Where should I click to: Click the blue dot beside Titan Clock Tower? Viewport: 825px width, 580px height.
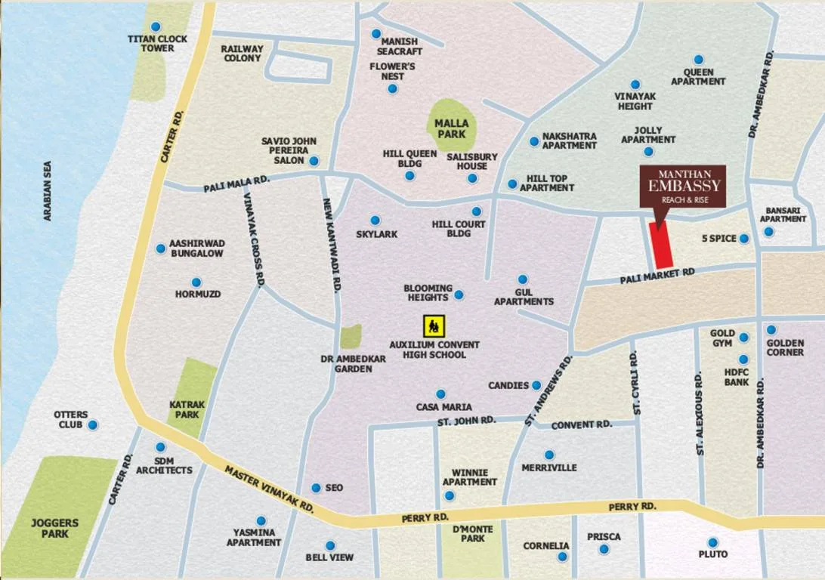pos(156,26)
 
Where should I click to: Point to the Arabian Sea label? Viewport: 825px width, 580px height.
pos(48,190)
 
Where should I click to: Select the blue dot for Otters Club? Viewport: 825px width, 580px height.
pos(93,425)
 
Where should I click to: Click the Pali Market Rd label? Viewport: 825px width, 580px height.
pos(657,276)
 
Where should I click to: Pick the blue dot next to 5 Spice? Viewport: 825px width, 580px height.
pos(744,239)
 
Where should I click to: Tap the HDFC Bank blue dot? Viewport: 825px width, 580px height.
pos(743,359)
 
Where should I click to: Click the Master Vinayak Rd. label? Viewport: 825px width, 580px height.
pos(267,489)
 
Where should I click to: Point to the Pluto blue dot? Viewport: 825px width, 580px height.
pos(712,542)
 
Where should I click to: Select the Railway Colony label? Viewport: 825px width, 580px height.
pos(242,53)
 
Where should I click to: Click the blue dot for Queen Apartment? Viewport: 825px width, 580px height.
pos(698,60)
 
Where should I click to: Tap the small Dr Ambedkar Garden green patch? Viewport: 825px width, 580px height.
pos(351,336)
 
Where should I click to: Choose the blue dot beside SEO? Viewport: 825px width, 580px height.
pos(316,488)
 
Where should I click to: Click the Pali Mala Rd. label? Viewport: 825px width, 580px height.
pos(236,184)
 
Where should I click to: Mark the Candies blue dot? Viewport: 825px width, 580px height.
pos(536,385)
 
